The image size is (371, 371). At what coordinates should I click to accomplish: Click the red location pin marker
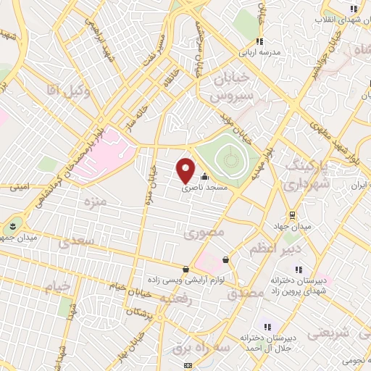coord(186,170)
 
